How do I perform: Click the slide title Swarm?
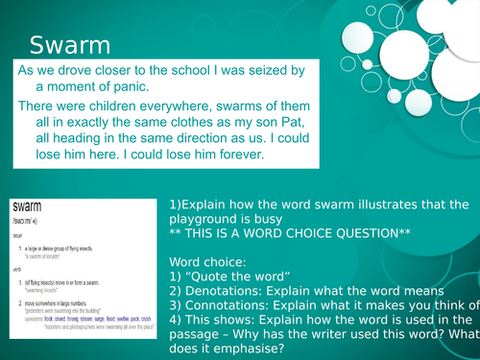[x=70, y=45]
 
